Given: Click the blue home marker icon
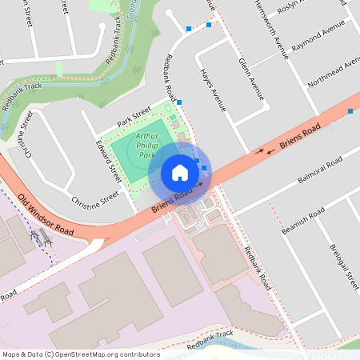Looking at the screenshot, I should click(180, 172).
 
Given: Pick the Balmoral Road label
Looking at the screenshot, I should click(319, 169).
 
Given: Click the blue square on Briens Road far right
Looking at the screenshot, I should click(350, 112).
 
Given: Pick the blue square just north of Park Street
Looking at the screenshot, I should click(179, 102).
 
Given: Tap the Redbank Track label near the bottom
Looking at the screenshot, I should click(210, 340).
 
